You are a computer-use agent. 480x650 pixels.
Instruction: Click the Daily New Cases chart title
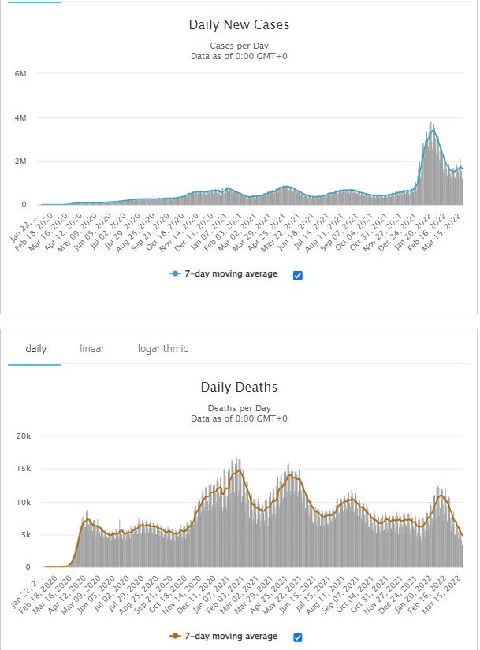(239, 25)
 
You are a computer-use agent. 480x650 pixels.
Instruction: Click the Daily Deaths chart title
(239, 388)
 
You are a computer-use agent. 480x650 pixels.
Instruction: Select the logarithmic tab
(162, 348)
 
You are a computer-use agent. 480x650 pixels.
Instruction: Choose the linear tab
(92, 348)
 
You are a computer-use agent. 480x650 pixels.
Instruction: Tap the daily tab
(36, 348)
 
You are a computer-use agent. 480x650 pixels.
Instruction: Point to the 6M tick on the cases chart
(20, 73)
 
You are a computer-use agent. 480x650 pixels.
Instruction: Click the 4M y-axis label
(20, 117)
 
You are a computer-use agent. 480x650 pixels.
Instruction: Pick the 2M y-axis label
(20, 161)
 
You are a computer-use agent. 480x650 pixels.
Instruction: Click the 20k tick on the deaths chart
(22, 435)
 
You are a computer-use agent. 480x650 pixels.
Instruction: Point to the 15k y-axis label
(22, 468)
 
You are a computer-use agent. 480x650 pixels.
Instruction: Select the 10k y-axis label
(22, 502)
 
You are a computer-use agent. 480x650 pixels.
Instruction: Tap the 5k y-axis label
(24, 535)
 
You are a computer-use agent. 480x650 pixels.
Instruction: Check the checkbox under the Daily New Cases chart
(298, 275)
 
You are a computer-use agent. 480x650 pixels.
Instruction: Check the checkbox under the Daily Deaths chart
(298, 637)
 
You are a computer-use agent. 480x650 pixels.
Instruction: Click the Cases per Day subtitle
(239, 45)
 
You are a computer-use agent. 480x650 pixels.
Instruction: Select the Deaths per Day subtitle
(239, 408)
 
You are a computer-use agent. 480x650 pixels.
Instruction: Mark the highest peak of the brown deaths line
(237, 470)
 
